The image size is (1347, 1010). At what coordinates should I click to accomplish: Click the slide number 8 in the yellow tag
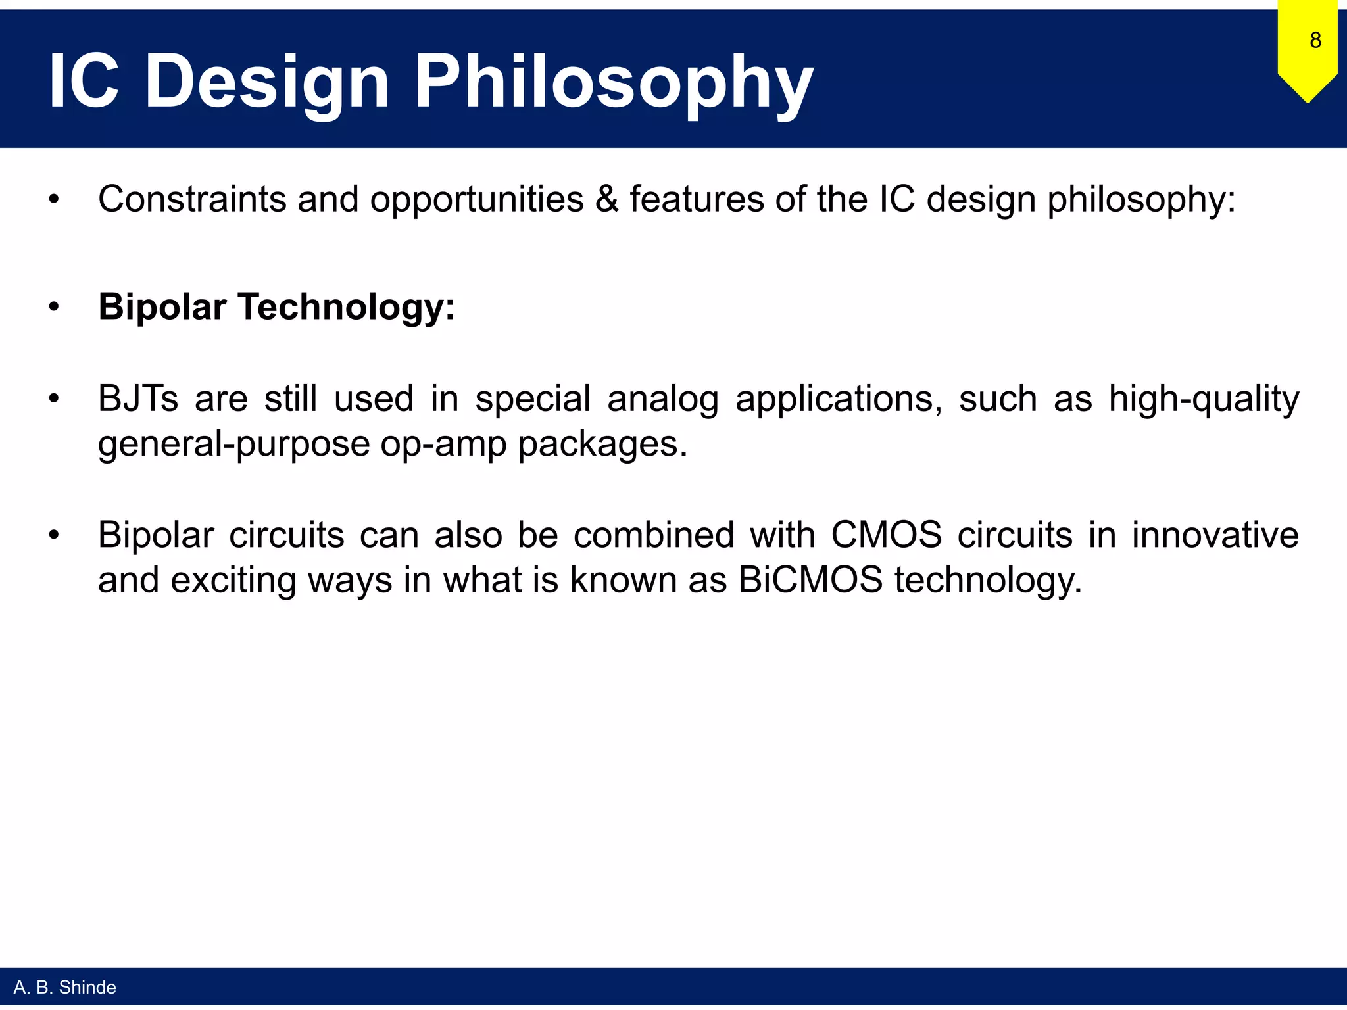(1315, 40)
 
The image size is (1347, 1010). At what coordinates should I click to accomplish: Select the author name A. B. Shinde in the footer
(64, 987)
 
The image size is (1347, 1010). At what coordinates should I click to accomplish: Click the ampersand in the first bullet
(606, 199)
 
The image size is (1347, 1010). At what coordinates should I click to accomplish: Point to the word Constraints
(192, 199)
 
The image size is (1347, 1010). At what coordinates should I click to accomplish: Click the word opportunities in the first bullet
(476, 200)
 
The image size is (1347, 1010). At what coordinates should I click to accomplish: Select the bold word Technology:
(347, 307)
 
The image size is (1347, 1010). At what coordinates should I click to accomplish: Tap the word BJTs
(137, 398)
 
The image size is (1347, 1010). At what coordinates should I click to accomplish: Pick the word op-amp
(443, 445)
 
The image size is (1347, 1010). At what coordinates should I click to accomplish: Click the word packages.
(602, 445)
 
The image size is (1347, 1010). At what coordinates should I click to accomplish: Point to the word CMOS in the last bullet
(886, 534)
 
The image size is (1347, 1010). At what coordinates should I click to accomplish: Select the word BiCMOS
(810, 580)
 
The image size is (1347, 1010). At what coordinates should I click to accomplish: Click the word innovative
(1215, 534)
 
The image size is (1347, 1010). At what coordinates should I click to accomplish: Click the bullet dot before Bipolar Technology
(54, 307)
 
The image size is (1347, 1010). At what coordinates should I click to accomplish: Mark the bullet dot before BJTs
(54, 398)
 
